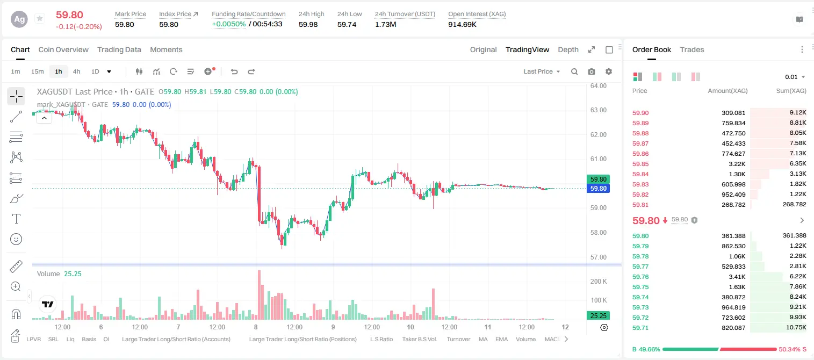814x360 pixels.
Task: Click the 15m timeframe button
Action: [x=37, y=71]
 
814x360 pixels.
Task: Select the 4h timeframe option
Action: [x=76, y=71]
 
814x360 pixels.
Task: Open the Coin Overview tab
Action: [x=63, y=49]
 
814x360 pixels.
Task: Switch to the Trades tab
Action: [x=692, y=49]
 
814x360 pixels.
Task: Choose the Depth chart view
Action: [x=568, y=49]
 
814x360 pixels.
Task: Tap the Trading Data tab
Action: [x=119, y=49]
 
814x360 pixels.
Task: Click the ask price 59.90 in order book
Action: [x=640, y=113]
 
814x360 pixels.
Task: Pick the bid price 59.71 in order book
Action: [x=640, y=328]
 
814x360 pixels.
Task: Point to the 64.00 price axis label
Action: [x=599, y=86]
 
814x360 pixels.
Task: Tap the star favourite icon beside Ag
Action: [x=40, y=18]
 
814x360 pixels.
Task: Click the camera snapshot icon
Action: [x=592, y=71]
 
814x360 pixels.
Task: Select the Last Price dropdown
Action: [x=542, y=71]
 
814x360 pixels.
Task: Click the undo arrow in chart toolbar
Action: [x=234, y=71]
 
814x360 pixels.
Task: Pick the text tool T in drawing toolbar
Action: [x=16, y=219]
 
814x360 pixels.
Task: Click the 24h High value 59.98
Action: [x=308, y=24]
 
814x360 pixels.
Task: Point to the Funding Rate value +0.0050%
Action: [x=228, y=24]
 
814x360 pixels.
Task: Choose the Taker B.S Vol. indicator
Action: [x=419, y=339]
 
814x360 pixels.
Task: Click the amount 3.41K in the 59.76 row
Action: [x=737, y=277]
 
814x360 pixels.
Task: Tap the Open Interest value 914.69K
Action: [x=462, y=24]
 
